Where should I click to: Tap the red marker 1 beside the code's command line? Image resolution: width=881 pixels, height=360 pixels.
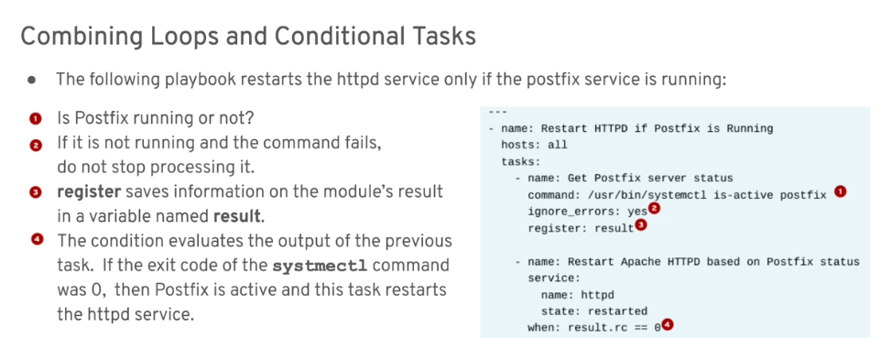(x=840, y=191)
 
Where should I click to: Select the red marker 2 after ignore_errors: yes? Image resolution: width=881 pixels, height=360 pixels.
(x=654, y=209)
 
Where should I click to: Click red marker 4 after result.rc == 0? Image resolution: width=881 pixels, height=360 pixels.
(x=667, y=325)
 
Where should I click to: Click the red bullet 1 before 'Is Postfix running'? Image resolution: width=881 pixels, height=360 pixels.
(x=36, y=119)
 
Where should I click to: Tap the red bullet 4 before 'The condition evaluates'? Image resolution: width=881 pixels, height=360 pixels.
(x=37, y=240)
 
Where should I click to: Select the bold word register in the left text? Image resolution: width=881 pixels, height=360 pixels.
(x=89, y=192)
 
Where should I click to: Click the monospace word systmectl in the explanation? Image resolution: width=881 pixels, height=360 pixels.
(x=316, y=266)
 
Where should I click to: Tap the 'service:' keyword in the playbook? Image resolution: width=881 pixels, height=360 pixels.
(x=554, y=278)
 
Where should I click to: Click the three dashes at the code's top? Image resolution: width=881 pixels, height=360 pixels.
(x=498, y=113)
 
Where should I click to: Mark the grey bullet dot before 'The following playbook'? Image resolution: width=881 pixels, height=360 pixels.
(x=31, y=80)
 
